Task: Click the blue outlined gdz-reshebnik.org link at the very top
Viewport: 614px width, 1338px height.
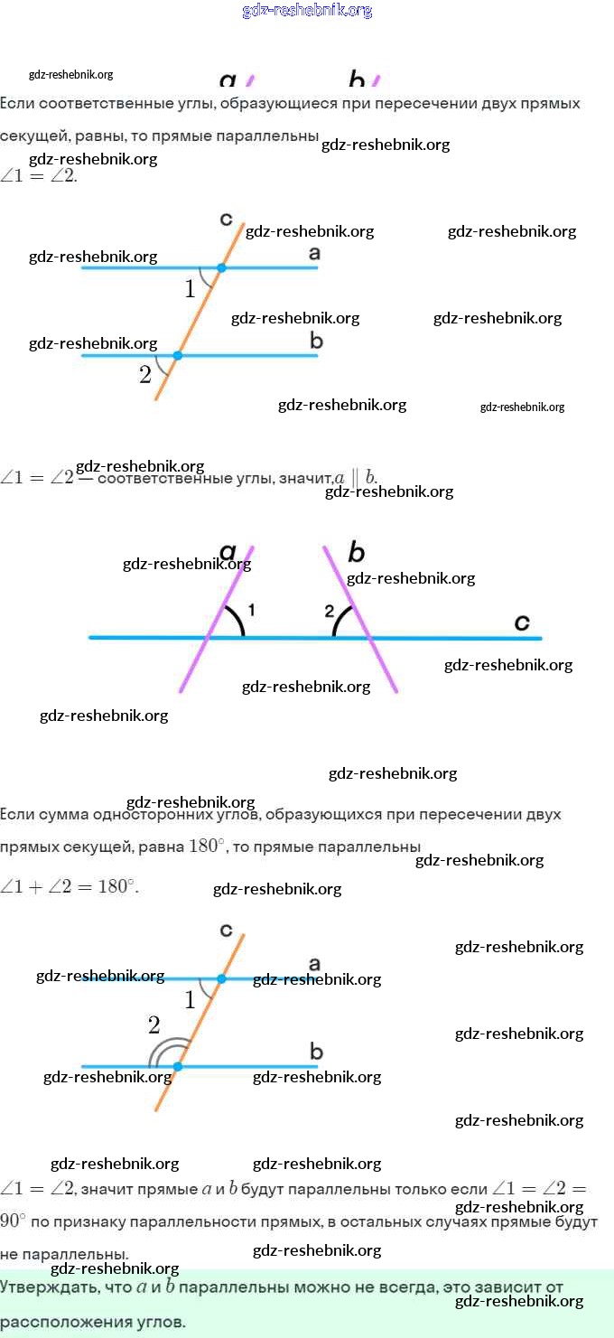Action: click(307, 11)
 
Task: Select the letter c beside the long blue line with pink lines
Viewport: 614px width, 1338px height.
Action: click(522, 622)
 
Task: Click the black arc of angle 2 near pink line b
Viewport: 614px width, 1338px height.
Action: click(340, 621)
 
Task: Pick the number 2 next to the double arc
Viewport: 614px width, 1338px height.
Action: click(153, 1025)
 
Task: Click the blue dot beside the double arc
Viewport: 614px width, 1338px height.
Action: click(177, 1067)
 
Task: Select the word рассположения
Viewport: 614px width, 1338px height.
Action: click(52, 1322)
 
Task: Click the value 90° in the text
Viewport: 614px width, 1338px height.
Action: click(13, 1221)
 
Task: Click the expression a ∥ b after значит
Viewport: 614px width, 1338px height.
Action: click(356, 478)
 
